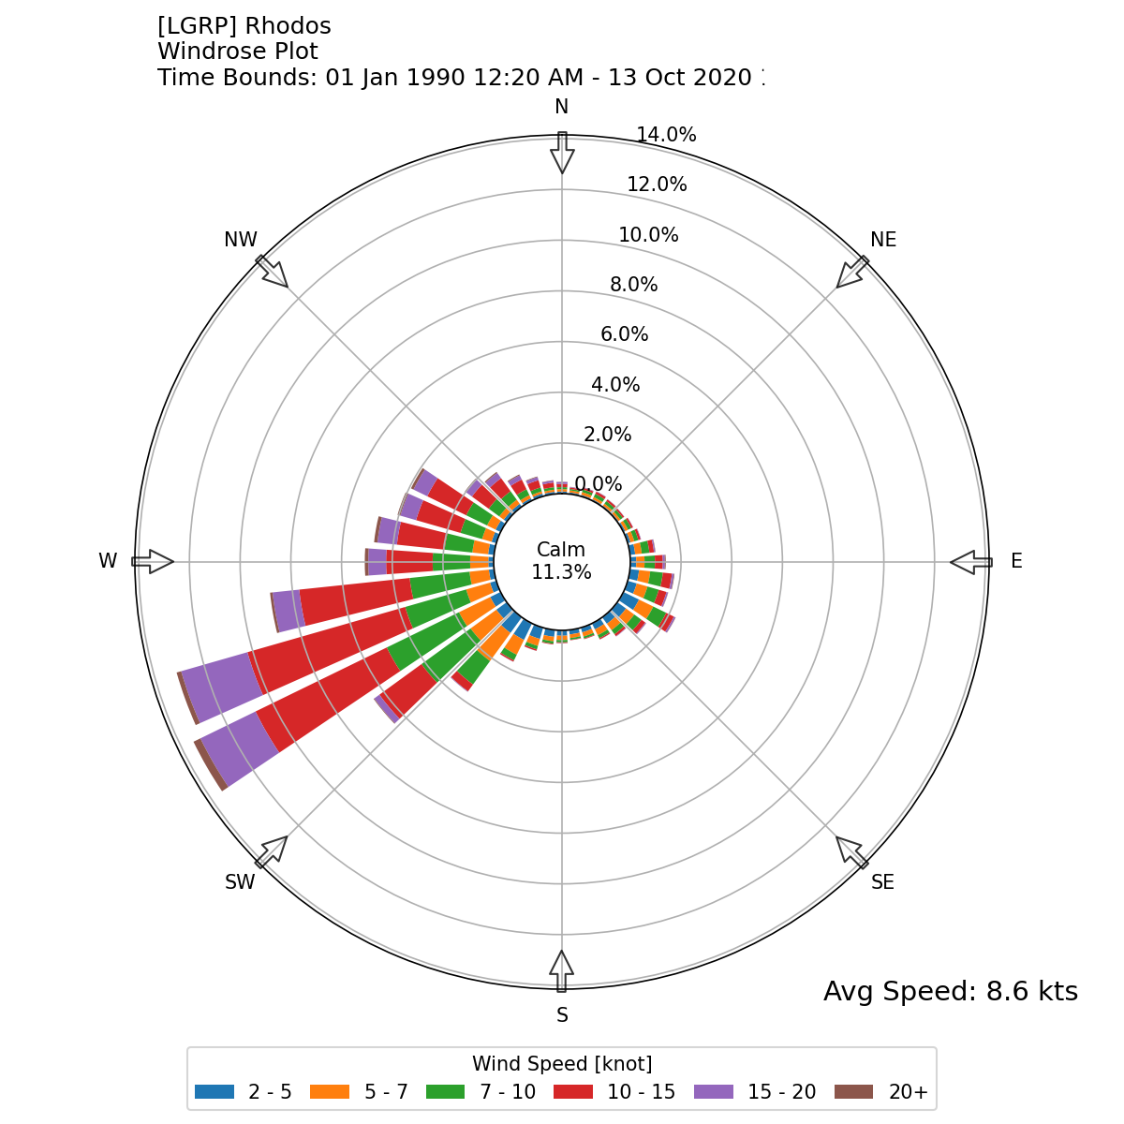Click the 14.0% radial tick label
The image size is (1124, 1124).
pyautogui.click(x=666, y=135)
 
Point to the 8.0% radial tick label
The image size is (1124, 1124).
pyautogui.click(x=633, y=285)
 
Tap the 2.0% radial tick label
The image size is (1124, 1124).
pyautogui.click(x=607, y=435)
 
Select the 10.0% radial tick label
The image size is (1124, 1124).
pyautogui.click(x=648, y=235)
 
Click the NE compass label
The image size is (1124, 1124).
pyautogui.click(x=883, y=240)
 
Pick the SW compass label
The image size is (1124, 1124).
pyautogui.click(x=240, y=882)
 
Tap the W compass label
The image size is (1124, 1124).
pyautogui.click(x=108, y=561)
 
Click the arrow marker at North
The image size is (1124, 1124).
pyautogui.click(x=562, y=153)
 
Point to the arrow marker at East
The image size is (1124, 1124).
pyautogui.click(x=971, y=562)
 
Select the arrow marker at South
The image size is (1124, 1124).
pyautogui.click(x=562, y=971)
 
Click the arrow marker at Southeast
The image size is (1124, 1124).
pyautogui.click(x=851, y=851)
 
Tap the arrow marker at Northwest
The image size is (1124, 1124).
pyautogui.click(x=273, y=273)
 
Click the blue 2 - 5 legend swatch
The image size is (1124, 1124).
pyautogui.click(x=214, y=1092)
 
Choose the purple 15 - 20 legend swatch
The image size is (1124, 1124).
pyautogui.click(x=714, y=1092)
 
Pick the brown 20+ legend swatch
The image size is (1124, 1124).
pyautogui.click(x=852, y=1092)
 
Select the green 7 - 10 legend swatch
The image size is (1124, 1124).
pyautogui.click(x=446, y=1092)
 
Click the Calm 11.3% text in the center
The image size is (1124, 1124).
pyautogui.click(x=561, y=561)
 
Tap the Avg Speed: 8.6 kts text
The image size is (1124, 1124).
pyautogui.click(x=950, y=992)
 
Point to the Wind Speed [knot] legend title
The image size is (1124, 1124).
pyautogui.click(x=562, y=1064)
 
